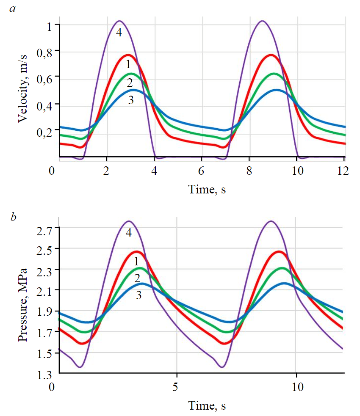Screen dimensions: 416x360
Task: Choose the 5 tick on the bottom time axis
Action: coord(177,387)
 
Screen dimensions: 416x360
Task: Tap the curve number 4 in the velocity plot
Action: coord(119,33)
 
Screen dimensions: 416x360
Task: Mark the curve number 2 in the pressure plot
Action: coord(137,278)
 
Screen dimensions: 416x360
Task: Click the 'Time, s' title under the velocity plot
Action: coord(207,190)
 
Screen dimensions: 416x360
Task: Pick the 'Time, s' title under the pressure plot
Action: coord(207,406)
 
